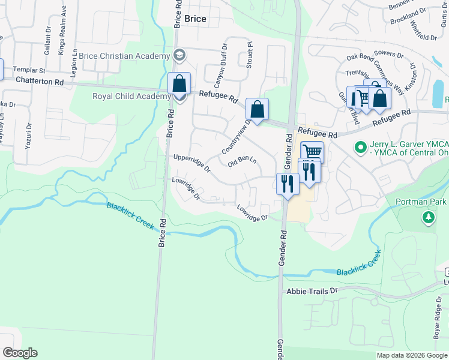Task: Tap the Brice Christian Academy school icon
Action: [x=179, y=56]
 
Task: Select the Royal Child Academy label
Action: [x=131, y=96]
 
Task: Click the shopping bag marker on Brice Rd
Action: [x=179, y=83]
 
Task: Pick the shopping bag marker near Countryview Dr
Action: [x=257, y=109]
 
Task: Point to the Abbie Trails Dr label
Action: [x=312, y=290]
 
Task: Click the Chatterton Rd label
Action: [x=40, y=80]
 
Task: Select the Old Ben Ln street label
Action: [x=243, y=161]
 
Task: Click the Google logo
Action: [x=20, y=353]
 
